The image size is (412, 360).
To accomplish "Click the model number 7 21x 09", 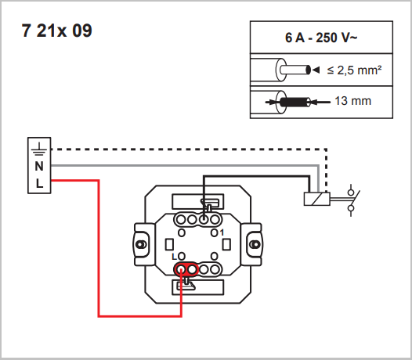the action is (x=56, y=31).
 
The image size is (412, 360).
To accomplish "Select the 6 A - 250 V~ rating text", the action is (x=321, y=38).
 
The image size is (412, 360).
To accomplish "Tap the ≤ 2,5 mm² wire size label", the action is (x=354, y=70).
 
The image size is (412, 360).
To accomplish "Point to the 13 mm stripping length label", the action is (x=353, y=101).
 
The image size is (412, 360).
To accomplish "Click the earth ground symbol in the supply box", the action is (x=39, y=149).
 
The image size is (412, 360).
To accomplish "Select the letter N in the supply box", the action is (x=39, y=166).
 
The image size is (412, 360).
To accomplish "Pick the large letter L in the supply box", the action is (x=39, y=184).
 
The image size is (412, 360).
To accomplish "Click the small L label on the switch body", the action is (x=174, y=257).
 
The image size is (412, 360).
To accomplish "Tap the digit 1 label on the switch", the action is (x=222, y=232).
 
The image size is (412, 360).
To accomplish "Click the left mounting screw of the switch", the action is (x=141, y=244).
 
